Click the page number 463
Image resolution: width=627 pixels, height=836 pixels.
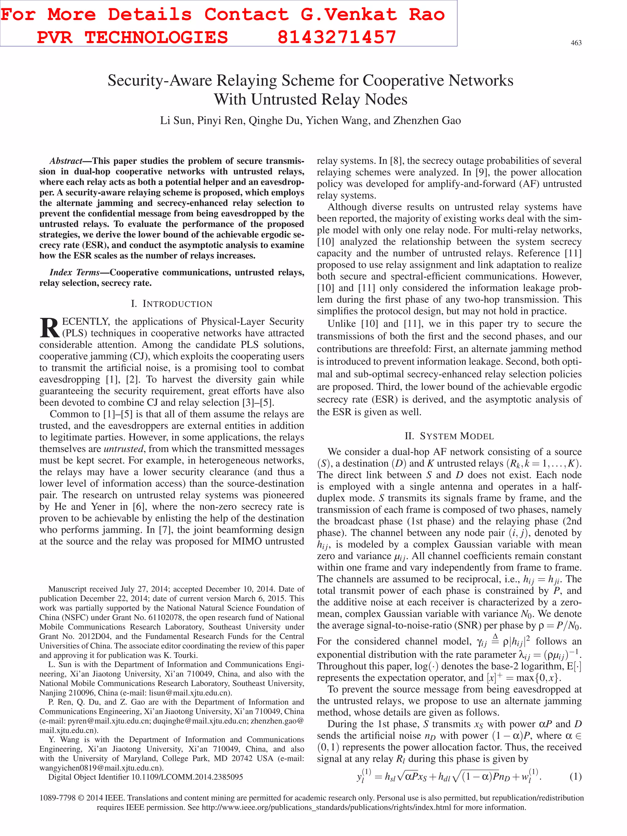pos(576,43)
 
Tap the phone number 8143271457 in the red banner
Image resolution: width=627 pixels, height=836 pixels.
pos(337,37)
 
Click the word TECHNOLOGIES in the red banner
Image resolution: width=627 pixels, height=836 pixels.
pos(156,37)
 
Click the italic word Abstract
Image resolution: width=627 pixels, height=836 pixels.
pos(66,161)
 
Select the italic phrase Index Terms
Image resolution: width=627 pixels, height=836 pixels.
pos(74,272)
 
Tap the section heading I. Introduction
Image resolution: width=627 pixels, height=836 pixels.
pos(171,304)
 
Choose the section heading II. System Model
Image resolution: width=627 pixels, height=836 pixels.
pos(449,436)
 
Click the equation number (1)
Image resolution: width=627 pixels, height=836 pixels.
pos(575,777)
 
